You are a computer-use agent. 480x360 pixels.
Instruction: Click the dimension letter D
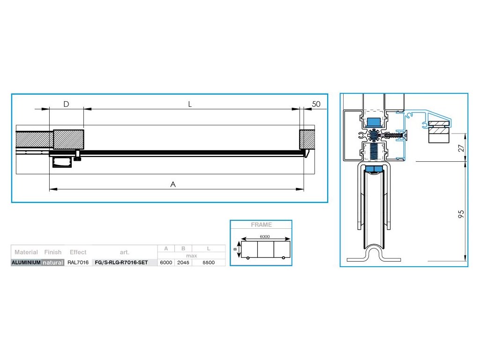(66, 104)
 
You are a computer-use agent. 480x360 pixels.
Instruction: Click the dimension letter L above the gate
(190, 105)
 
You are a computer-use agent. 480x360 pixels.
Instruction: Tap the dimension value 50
(316, 104)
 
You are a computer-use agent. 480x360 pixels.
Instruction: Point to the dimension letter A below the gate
(173, 184)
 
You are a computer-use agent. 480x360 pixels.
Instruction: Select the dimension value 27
(461, 148)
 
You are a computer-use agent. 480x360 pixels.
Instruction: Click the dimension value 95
(461, 214)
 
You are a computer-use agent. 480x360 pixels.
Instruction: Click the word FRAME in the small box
(261, 225)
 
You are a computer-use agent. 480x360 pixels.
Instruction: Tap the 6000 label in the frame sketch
(265, 236)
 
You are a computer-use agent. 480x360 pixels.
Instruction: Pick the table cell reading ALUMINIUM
(26, 262)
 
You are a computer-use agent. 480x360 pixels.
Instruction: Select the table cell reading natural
(52, 262)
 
